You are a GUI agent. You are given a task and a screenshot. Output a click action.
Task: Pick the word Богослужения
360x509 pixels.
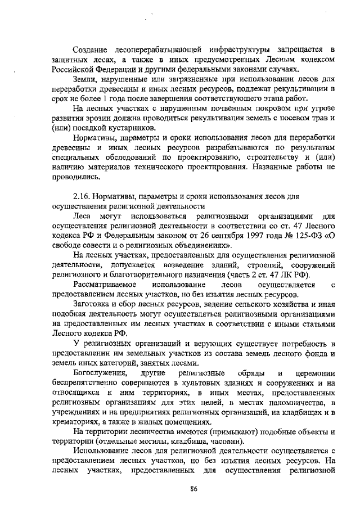[101, 373]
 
